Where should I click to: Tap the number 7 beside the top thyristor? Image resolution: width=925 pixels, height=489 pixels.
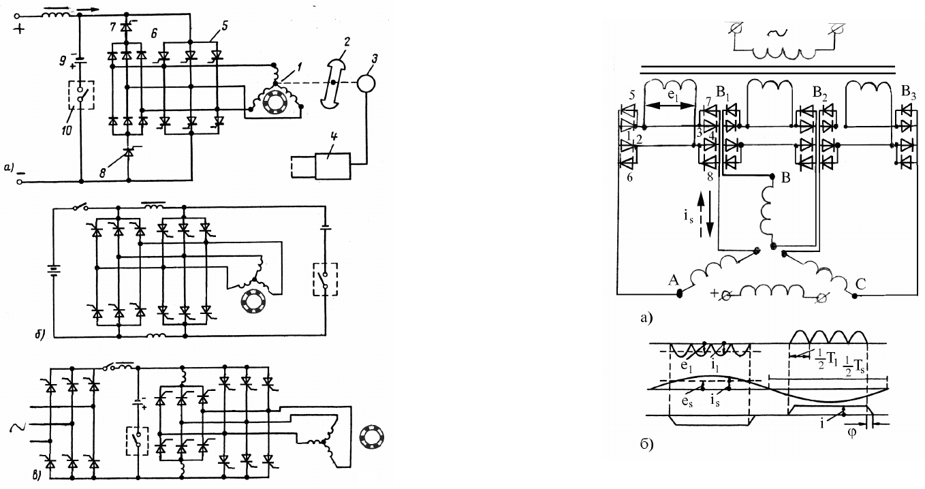pos(113,27)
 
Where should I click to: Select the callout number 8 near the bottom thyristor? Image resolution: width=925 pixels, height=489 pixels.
pos(103,172)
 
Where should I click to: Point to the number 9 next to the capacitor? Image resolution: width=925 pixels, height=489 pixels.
pos(63,61)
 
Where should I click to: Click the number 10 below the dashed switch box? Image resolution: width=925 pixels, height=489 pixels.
pos(67,131)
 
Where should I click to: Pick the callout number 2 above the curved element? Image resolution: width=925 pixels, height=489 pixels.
pos(347,42)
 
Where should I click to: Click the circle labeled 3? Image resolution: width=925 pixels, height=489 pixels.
pos(366,83)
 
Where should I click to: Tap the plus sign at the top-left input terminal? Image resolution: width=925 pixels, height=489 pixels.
pos(19,29)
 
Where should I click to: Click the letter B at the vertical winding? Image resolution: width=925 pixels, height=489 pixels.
pos(786,178)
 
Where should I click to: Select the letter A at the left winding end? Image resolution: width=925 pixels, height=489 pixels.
pos(674,281)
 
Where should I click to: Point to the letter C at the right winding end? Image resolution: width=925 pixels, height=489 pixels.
pos(860,284)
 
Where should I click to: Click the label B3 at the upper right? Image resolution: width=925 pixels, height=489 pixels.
pos(908,92)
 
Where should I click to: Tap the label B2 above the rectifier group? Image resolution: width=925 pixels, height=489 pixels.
pos(819,93)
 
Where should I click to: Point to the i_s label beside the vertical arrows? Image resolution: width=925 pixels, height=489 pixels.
pos(689,217)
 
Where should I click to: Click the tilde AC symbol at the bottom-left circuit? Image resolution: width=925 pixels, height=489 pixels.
pos(17,428)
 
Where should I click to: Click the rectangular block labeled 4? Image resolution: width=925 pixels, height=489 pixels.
pos(333,166)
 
